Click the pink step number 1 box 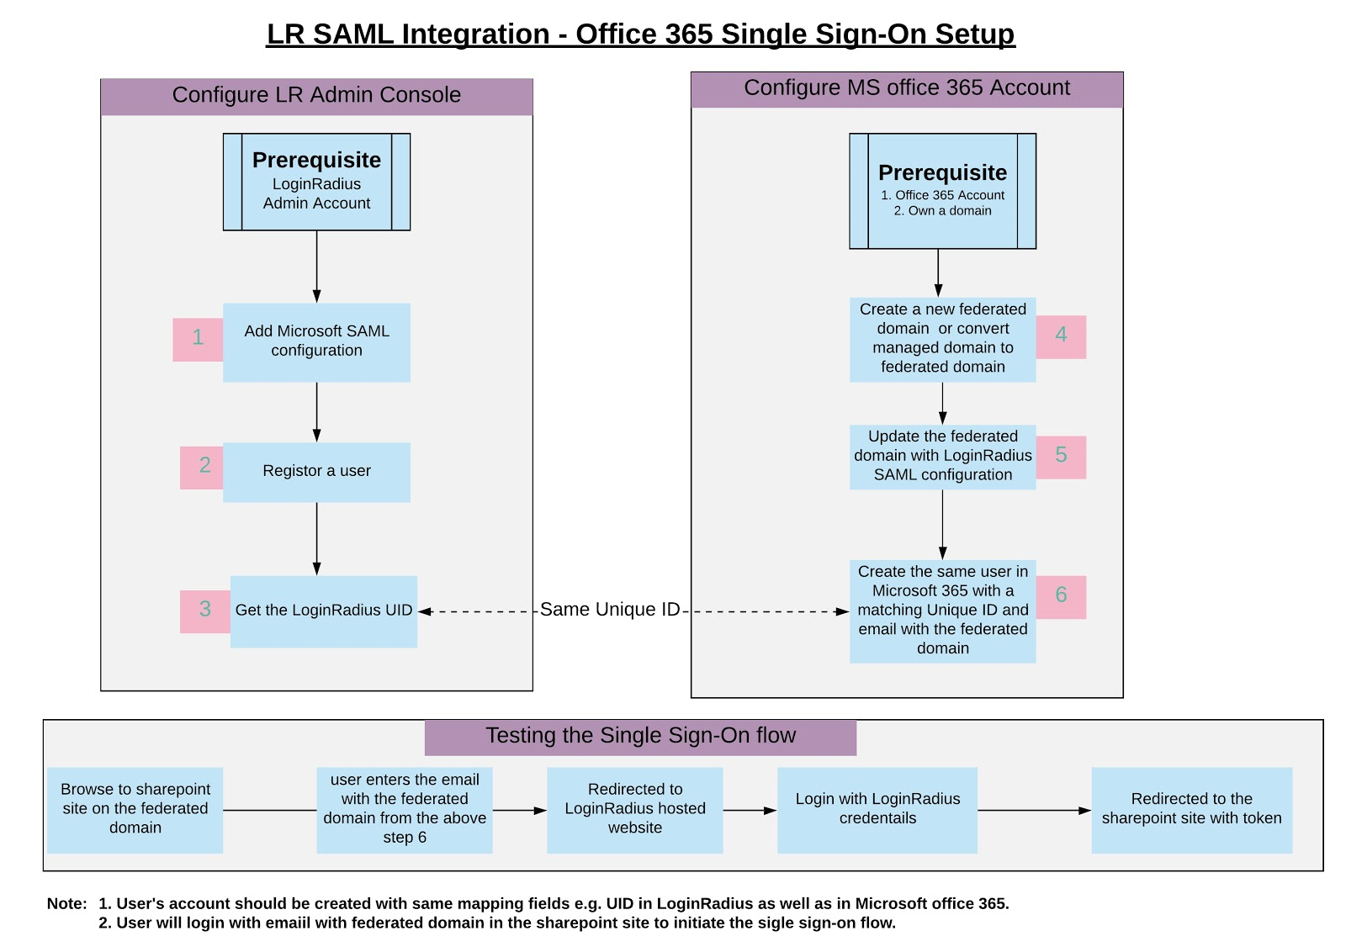tap(198, 339)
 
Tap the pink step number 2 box tap(202, 467)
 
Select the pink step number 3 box tap(204, 611)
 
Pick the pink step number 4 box tap(1061, 336)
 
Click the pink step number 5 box tap(1061, 457)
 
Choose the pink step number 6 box tap(1061, 596)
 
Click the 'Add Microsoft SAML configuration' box tap(316, 341)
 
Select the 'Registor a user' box tap(316, 472)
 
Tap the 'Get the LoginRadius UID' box tap(324, 611)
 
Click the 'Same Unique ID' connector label tap(609, 610)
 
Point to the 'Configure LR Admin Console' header tap(316, 96)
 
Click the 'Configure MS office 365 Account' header tap(907, 89)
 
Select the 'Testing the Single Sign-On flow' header tap(640, 737)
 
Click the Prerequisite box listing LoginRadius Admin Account tap(316, 182)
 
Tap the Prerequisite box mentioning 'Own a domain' tap(942, 191)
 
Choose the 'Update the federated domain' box tap(942, 456)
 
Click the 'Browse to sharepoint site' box tap(135, 809)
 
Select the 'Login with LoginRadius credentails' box tap(877, 809)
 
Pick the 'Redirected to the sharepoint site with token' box tap(1191, 809)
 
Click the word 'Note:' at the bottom tap(66, 904)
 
